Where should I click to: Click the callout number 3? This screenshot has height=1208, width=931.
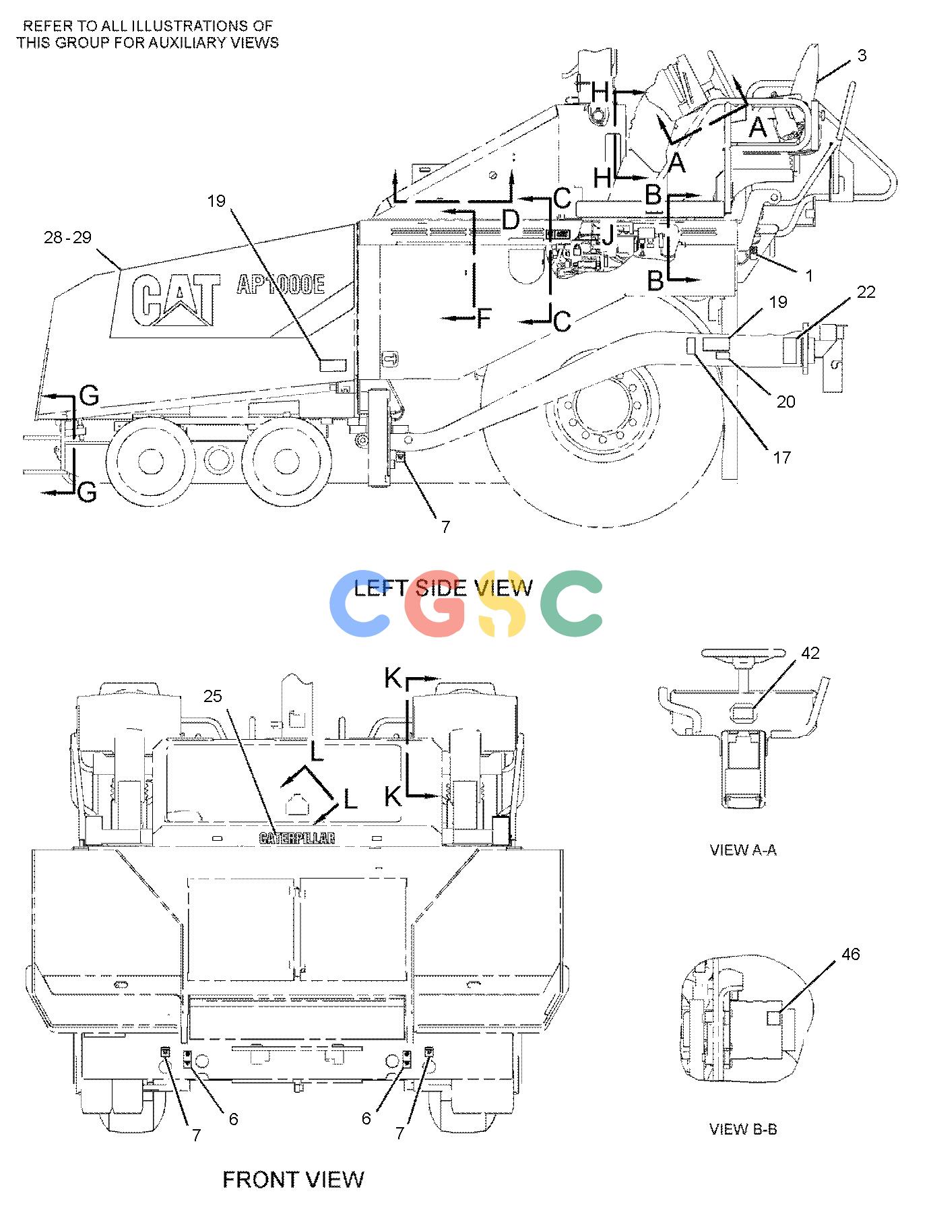pos(862,55)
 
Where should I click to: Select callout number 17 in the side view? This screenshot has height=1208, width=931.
pos(781,457)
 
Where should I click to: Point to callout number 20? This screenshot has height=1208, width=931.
pos(785,402)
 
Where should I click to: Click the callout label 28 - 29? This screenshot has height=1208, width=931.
pos(67,237)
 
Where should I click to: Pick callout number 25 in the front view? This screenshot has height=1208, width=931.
pos(213,696)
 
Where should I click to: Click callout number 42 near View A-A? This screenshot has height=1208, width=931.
pos(810,653)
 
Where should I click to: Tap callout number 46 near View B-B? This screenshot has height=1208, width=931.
pos(851,954)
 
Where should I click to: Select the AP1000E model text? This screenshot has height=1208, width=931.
pos(280,285)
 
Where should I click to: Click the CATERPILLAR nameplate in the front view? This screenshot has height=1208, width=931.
pos(297,837)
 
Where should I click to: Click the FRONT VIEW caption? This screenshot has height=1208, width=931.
pos(293,1179)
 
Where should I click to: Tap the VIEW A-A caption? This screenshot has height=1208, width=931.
pos(743,850)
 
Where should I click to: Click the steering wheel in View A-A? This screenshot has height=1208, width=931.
pos(743,653)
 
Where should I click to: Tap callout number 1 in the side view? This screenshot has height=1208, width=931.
pos(809,276)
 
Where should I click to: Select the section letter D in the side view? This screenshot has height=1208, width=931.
pos(511,220)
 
